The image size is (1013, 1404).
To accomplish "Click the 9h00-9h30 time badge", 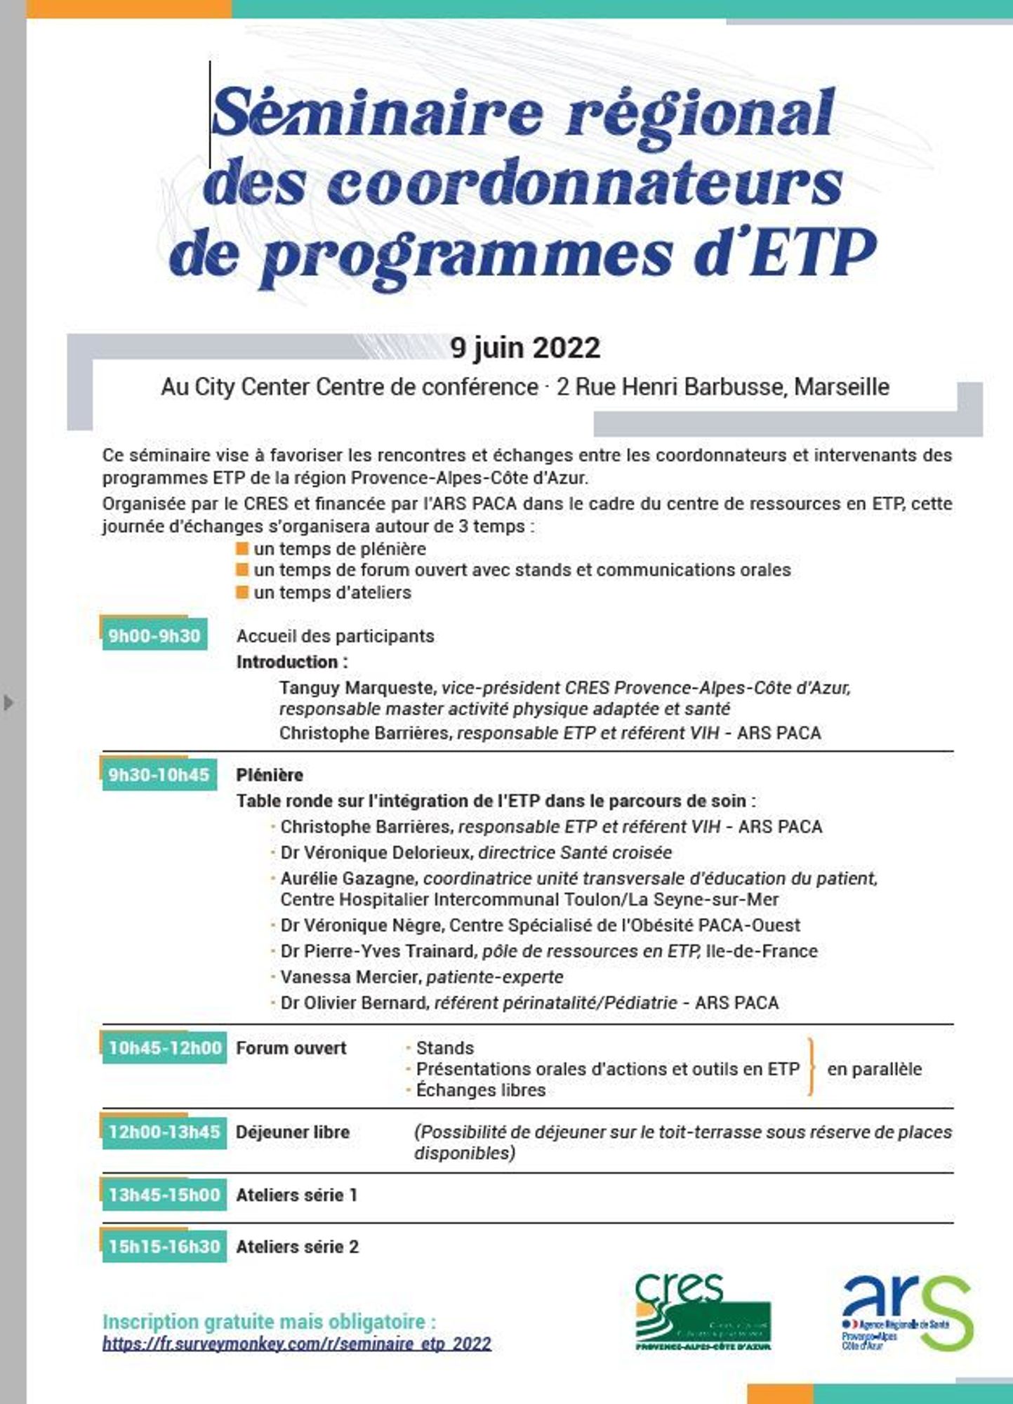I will (x=154, y=635).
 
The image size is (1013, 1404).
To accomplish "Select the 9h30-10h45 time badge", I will (x=159, y=774).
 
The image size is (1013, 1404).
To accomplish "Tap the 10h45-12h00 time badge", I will (x=164, y=1047).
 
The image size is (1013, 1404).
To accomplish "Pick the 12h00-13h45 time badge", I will (x=164, y=1132).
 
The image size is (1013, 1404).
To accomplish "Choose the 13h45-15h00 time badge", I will (x=164, y=1194).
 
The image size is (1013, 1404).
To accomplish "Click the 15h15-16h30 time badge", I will (x=164, y=1246).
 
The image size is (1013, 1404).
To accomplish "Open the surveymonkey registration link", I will (x=297, y=1343).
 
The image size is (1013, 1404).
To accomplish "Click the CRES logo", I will (x=702, y=1311).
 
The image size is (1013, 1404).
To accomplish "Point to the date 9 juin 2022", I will (x=525, y=347).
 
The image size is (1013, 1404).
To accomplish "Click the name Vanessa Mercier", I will (x=350, y=976).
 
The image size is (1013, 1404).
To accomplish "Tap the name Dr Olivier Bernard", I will (x=354, y=1002).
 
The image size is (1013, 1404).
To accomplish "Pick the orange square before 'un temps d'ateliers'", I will (x=242, y=592).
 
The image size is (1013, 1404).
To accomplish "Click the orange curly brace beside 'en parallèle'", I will (x=812, y=1068).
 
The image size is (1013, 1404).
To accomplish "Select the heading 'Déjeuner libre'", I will (x=293, y=1132).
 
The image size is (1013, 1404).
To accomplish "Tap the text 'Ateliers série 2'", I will (x=297, y=1246).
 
